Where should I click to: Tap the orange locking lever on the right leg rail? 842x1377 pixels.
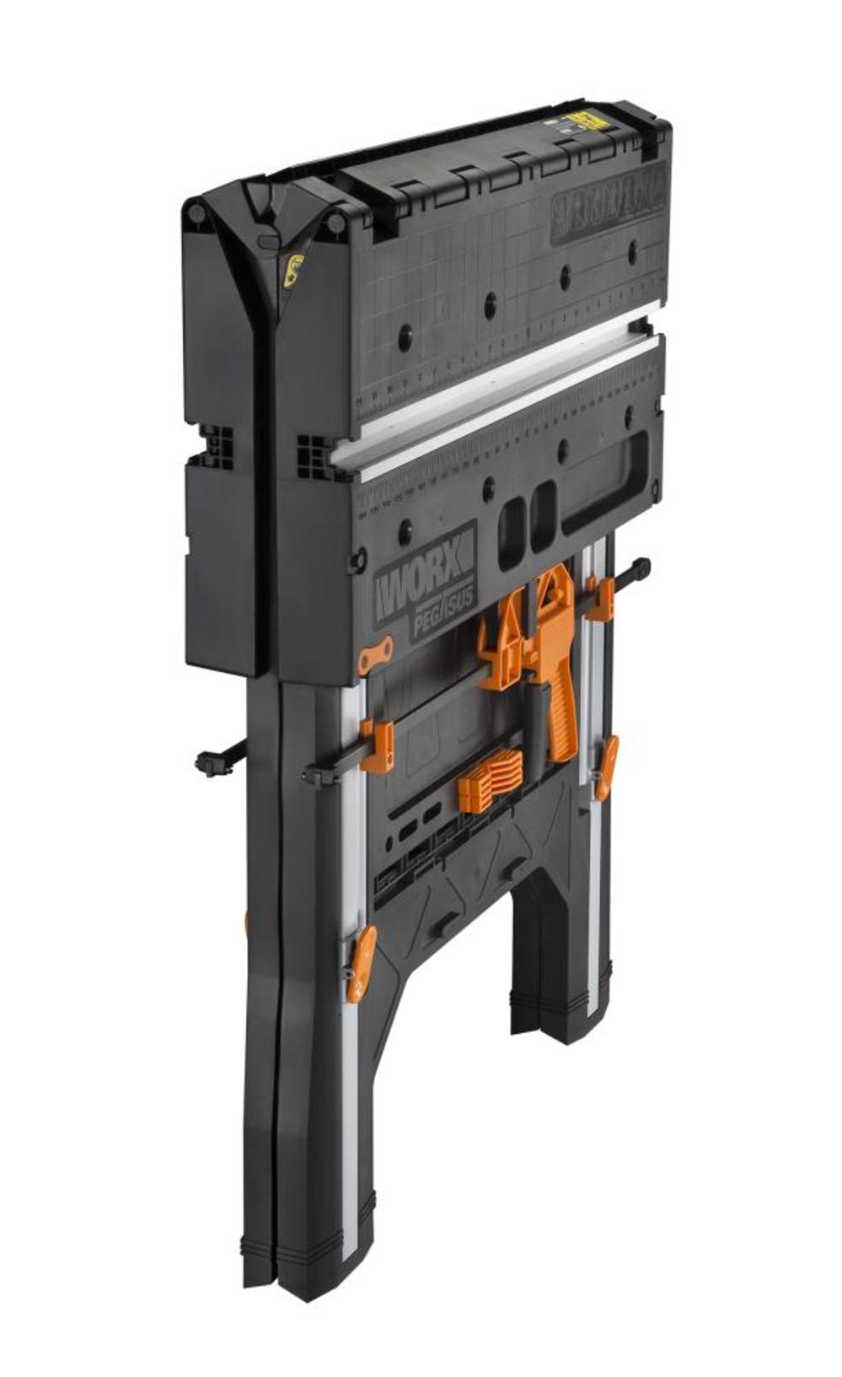[x=605, y=766]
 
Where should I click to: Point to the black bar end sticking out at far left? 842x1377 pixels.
[x=207, y=761]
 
